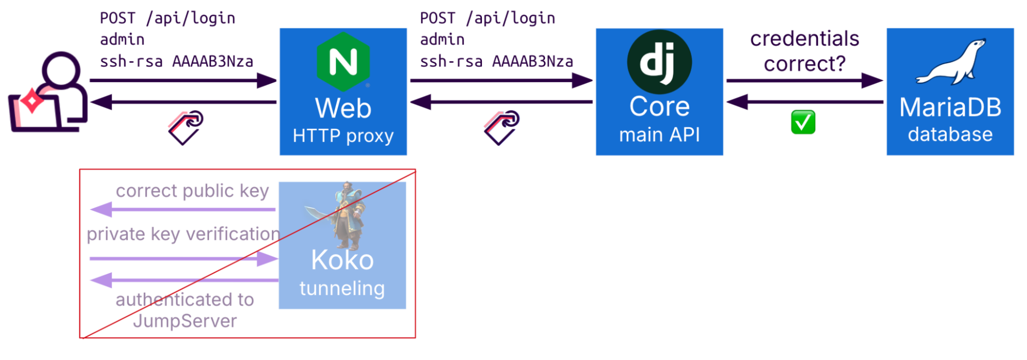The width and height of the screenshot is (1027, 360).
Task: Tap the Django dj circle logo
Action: (659, 62)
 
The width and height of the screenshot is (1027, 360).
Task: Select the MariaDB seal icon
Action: (951, 62)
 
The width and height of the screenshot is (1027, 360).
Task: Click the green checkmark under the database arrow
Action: (803, 122)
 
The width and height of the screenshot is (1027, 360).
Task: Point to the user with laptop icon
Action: (49, 92)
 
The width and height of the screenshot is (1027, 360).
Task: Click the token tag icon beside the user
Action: (185, 127)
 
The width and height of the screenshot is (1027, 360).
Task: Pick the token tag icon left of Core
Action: (501, 127)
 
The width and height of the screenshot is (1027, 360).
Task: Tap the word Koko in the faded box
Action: (342, 260)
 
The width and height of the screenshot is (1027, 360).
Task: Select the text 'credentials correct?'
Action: (805, 51)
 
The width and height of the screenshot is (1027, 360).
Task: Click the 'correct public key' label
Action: (192, 191)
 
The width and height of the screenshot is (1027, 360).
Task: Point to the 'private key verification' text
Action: (183, 234)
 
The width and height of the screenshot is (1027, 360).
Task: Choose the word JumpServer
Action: (185, 321)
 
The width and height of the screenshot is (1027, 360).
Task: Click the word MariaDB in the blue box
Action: (950, 108)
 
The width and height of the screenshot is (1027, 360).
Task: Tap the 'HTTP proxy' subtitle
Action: (343, 136)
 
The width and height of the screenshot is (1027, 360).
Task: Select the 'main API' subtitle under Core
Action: (659, 135)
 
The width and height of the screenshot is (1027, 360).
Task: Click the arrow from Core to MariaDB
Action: (805, 81)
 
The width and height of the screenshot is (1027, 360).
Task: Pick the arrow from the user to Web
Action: (183, 81)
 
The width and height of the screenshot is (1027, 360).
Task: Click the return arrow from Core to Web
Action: (501, 102)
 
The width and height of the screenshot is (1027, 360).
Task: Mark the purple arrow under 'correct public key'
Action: (183, 210)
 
